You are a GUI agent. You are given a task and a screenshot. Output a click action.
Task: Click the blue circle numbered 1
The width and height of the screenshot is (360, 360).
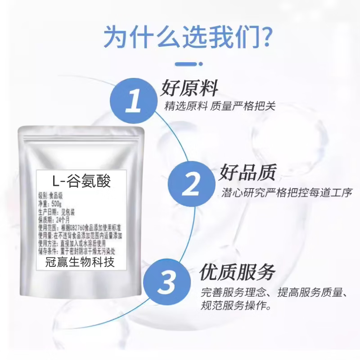(x=134, y=100)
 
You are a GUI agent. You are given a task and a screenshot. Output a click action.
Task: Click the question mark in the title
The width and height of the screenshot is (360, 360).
(x=265, y=37)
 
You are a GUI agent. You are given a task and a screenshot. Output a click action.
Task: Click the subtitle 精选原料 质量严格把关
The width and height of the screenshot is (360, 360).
(x=220, y=107)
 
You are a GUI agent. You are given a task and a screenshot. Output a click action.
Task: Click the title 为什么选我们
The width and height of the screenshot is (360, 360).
(x=180, y=37)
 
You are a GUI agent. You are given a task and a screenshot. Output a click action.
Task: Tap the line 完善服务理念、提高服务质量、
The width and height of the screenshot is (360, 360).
(x=274, y=293)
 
